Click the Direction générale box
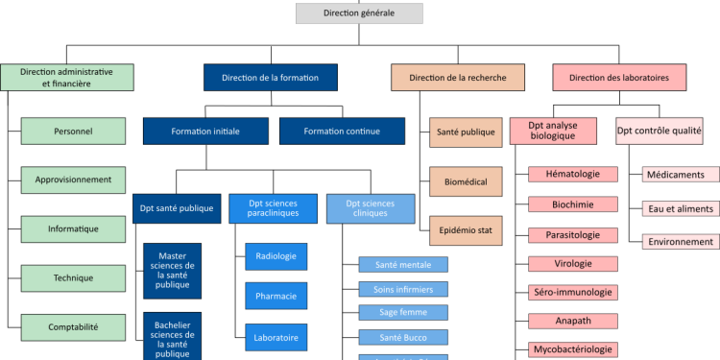[358, 13]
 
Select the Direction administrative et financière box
[67, 78]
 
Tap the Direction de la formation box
[270, 78]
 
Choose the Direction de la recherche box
[458, 78]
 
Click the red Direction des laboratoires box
[619, 78]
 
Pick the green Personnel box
[73, 131]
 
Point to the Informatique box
[73, 229]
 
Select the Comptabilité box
[73, 327]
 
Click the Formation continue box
[343, 131]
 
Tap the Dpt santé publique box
[177, 208]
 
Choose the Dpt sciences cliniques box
[371, 208]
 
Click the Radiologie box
[276, 256]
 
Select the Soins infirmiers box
[403, 289]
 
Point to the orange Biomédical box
[466, 180]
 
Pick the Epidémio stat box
[466, 230]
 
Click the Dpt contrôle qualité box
[660, 131]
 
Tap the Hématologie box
[572, 174]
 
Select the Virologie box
[572, 263]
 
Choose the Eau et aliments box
[680, 208]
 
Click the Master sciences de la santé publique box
[173, 272]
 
